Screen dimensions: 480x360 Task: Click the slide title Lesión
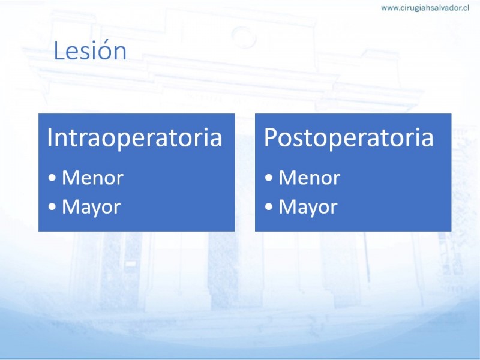click(x=90, y=50)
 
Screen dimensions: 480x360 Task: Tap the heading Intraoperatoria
click(x=134, y=137)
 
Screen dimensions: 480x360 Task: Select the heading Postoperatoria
click(x=349, y=137)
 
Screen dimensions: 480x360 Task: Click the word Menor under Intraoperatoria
click(x=93, y=178)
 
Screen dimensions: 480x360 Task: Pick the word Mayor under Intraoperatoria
click(x=91, y=208)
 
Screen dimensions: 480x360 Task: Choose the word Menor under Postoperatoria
click(x=310, y=178)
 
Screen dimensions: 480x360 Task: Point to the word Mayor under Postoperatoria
click(x=308, y=208)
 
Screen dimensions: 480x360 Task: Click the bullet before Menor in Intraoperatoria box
click(x=52, y=178)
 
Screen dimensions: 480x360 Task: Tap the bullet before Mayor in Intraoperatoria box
click(x=52, y=206)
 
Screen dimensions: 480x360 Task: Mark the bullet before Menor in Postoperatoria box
click(x=269, y=178)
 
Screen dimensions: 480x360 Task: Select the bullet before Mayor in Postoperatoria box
click(x=269, y=206)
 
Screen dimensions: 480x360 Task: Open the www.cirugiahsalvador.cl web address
click(x=425, y=8)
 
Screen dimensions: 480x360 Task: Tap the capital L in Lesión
click(x=58, y=50)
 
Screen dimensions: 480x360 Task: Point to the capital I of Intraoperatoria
click(x=49, y=137)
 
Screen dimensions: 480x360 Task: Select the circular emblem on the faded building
click(x=244, y=37)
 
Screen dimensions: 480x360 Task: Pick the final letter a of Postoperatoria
click(x=428, y=140)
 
